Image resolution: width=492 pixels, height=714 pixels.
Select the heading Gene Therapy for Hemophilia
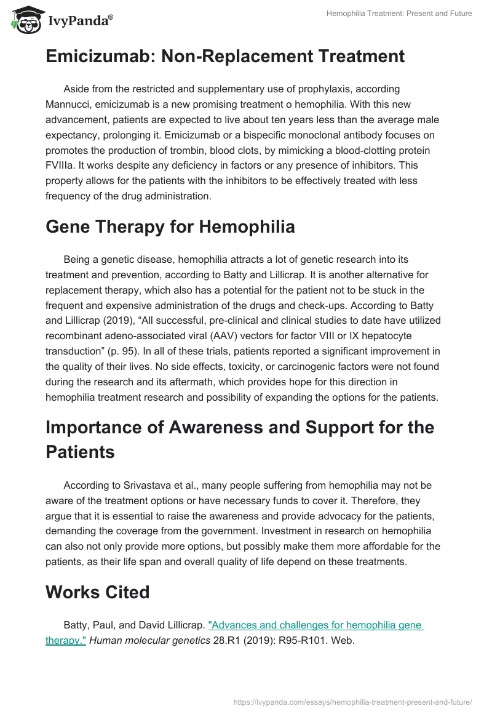point(170,227)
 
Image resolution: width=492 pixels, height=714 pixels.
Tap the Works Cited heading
point(97,592)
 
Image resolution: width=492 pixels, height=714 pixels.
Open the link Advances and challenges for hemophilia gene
point(315,625)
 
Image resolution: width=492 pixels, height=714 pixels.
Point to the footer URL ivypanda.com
point(354,701)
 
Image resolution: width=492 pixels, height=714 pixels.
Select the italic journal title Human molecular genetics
point(144,641)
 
